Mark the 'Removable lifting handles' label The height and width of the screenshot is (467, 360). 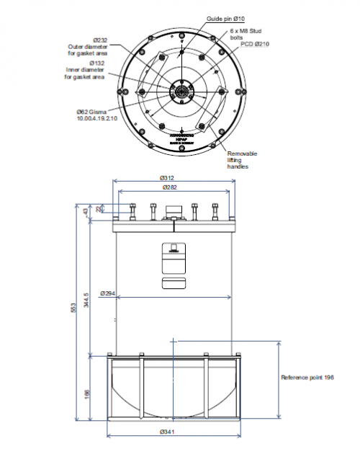[x=243, y=160]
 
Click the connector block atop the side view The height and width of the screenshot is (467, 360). [x=173, y=210]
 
